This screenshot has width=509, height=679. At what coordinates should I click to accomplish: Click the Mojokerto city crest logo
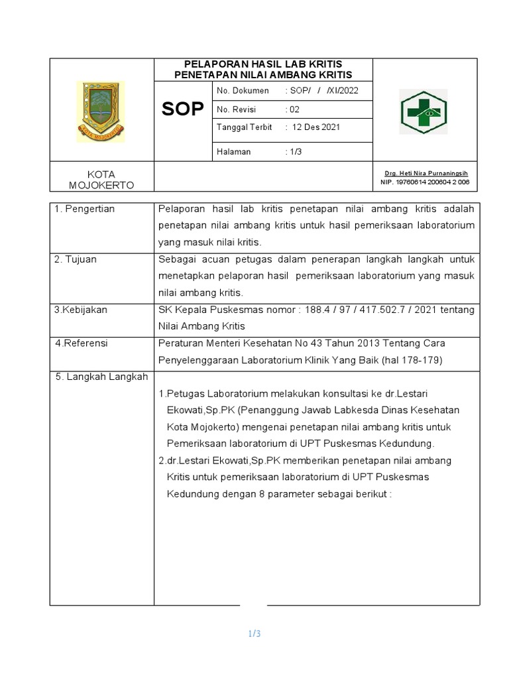coord(100,111)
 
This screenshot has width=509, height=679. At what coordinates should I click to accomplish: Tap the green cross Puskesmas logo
coord(423,111)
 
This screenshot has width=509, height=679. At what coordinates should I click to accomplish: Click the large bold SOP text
coord(183,109)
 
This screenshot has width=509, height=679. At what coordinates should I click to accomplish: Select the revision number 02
coord(293,109)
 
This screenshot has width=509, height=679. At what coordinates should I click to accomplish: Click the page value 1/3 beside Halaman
coord(293,152)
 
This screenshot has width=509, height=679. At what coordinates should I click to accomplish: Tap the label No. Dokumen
coord(243,91)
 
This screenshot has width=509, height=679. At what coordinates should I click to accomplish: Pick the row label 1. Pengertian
coord(85,209)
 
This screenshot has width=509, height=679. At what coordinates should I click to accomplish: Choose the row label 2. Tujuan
coord(76,259)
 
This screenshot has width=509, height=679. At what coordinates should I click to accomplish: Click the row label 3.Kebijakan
coord(81,310)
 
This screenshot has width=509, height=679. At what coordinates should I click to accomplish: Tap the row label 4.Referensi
coord(82,343)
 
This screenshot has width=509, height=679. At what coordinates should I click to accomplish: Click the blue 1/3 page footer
coord(254,634)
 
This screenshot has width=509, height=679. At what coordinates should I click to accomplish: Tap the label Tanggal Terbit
coord(245,127)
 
